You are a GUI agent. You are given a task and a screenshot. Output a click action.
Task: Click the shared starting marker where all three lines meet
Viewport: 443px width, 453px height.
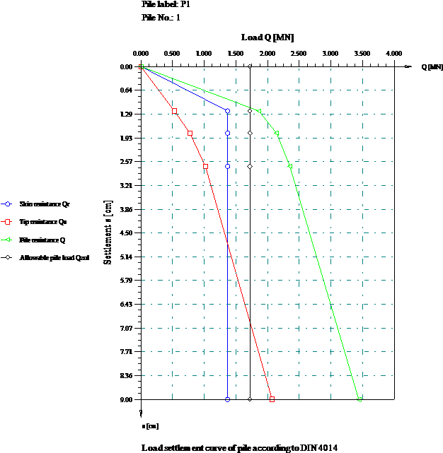(142, 67)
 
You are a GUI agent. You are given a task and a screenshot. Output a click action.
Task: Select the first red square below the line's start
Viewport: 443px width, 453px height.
(175, 112)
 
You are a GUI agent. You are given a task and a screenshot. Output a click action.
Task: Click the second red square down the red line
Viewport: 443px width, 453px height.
(190, 134)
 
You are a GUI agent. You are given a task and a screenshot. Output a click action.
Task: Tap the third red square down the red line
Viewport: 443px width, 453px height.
(206, 167)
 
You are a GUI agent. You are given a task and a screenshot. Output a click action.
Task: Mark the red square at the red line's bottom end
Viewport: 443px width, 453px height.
(272, 399)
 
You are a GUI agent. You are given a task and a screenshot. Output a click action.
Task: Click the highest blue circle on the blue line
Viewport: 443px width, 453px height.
(228, 111)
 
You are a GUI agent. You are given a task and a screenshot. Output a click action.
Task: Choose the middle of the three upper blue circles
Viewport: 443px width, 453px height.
(228, 134)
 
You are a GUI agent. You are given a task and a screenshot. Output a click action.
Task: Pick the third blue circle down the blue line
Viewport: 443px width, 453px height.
(228, 167)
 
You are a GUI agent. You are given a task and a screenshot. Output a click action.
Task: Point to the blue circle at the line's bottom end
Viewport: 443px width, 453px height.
(228, 399)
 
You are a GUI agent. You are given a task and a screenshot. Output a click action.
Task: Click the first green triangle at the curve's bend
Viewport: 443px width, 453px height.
(259, 111)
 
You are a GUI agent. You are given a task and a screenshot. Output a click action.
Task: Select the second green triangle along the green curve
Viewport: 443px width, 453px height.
(277, 134)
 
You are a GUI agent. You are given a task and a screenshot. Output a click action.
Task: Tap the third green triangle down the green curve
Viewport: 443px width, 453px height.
(290, 167)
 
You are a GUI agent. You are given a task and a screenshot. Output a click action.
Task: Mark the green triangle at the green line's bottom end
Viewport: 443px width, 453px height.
(359, 399)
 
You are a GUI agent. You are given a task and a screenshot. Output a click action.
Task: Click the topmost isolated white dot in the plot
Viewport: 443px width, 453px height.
(250, 66)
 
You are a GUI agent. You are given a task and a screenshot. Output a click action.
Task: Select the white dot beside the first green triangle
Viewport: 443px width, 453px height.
(250, 111)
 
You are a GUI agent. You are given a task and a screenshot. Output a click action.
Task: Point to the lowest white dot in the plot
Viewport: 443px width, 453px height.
(250, 399)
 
